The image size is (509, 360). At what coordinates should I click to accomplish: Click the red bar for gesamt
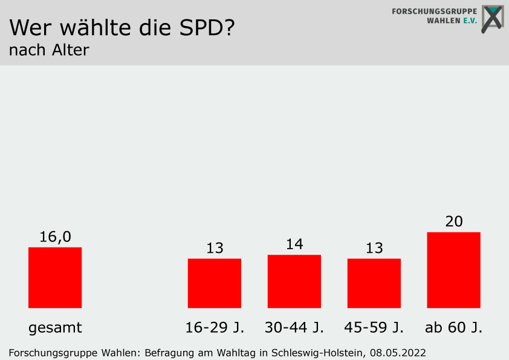(55, 278)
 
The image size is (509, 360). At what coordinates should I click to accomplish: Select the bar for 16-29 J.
(215, 283)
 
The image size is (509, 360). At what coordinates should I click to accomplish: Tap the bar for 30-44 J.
(294, 281)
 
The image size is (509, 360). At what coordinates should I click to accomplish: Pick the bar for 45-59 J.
(374, 283)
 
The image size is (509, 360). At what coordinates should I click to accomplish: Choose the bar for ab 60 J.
(453, 270)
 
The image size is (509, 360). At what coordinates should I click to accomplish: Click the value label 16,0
(55, 237)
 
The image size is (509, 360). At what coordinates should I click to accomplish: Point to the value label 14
(294, 244)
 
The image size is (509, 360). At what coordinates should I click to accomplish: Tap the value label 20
(453, 221)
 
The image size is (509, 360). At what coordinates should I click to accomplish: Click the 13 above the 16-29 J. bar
(215, 248)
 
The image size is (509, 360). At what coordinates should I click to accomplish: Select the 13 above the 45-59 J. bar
(374, 248)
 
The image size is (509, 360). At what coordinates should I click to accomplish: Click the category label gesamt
(55, 329)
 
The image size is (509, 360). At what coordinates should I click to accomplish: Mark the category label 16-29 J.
(215, 328)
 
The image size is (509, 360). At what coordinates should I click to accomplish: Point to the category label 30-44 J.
(294, 328)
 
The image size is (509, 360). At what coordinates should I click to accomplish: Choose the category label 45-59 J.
(374, 328)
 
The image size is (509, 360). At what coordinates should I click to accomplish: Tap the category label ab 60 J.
(453, 328)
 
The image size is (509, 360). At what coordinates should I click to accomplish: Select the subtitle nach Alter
(49, 50)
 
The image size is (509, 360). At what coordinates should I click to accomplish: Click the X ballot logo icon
(492, 19)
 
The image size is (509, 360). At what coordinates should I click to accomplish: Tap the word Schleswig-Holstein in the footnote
(318, 352)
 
